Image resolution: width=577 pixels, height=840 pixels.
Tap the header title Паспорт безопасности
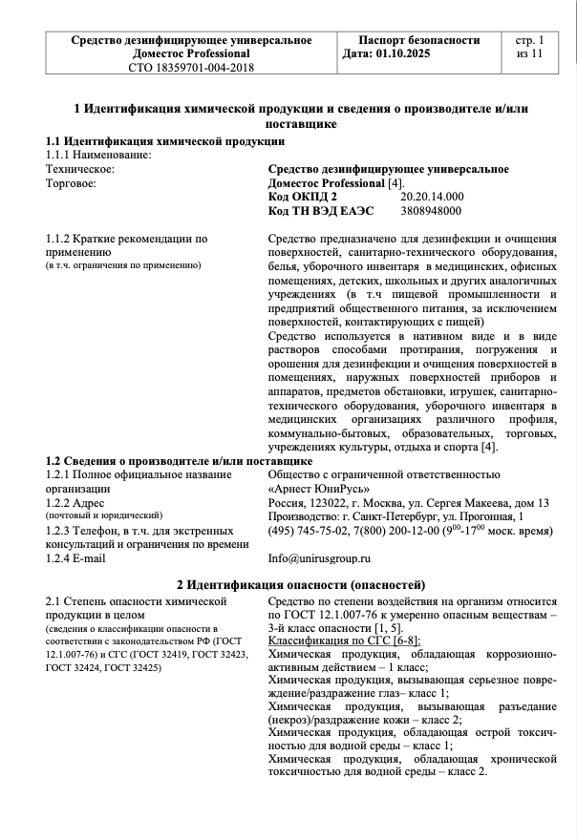coord(418,40)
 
